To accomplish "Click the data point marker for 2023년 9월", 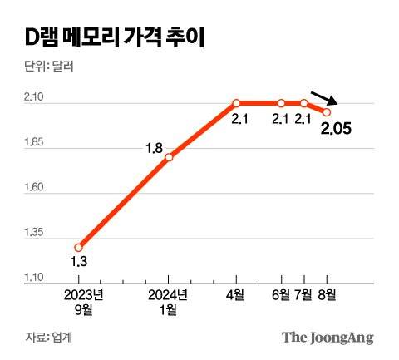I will coord(79,247).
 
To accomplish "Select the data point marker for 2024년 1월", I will coord(169,156).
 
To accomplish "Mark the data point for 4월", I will coord(237,103).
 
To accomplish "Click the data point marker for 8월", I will coord(327,112).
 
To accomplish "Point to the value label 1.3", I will coord(78,263).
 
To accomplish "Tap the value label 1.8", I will coord(154,149).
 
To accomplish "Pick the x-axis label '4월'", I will coord(235,294).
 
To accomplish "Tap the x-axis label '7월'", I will coord(305,294).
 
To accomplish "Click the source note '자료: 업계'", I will coord(49,337).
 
